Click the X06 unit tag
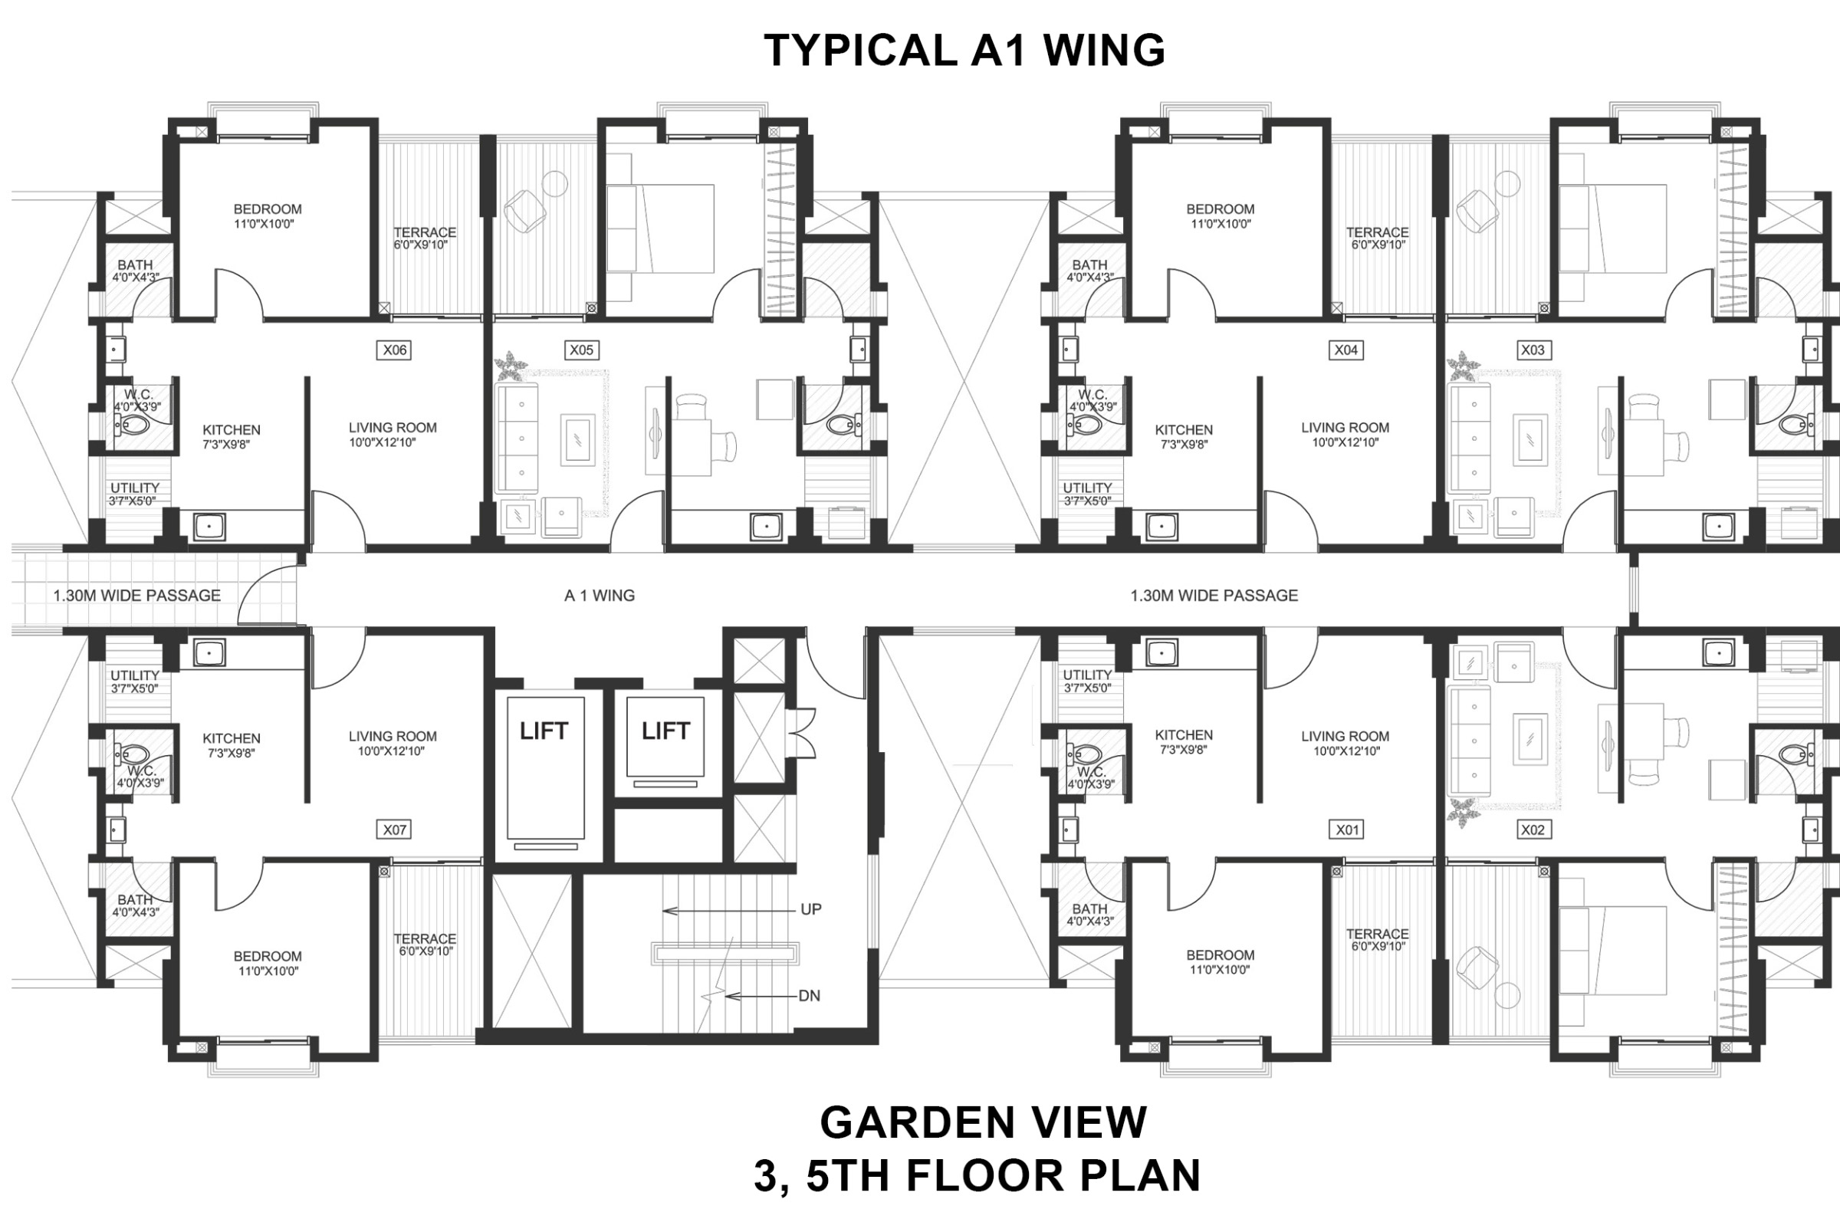pyautogui.click(x=394, y=350)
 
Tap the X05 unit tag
pyautogui.click(x=581, y=350)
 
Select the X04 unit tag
pyautogui.click(x=1345, y=350)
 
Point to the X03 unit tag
pyautogui.click(x=1533, y=350)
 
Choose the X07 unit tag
pyautogui.click(x=394, y=829)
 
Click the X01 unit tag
pyautogui.click(x=1346, y=829)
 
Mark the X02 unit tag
pyautogui.click(x=1533, y=829)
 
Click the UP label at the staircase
pyautogui.click(x=811, y=909)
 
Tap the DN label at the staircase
pyautogui.click(x=810, y=996)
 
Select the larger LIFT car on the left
pyautogui.click(x=545, y=767)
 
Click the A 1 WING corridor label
pyautogui.click(x=600, y=596)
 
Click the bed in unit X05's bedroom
pyautogui.click(x=661, y=228)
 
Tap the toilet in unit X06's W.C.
pyautogui.click(x=133, y=425)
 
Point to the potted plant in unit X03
pyautogui.click(x=1463, y=366)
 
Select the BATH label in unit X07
pyautogui.click(x=135, y=899)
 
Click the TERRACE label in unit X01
pyautogui.click(x=1377, y=935)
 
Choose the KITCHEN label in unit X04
pyautogui.click(x=1183, y=430)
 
